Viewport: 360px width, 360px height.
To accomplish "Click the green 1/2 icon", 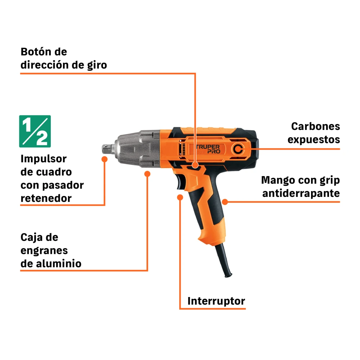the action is tap(35, 131).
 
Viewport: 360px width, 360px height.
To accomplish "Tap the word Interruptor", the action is tap(216, 301).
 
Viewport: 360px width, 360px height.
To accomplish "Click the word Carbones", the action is tap(315, 126).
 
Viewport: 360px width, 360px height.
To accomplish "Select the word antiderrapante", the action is tap(301, 193).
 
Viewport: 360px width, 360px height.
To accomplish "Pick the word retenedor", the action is tap(46, 198).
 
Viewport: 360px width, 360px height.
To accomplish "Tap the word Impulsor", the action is tap(44, 159).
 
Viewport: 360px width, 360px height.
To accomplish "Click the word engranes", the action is tap(44, 251).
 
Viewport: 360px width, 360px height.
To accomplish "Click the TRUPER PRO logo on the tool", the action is tap(208, 149).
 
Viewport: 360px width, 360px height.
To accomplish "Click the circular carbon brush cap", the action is tap(238, 149).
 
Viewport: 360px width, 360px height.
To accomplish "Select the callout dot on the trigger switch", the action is tap(180, 197).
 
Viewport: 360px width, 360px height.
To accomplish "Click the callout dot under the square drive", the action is tap(104, 159).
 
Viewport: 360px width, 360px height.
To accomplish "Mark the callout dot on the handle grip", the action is tap(225, 202).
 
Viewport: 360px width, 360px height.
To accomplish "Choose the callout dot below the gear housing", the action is tap(147, 174).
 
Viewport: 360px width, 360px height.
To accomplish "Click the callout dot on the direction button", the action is tap(195, 165).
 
